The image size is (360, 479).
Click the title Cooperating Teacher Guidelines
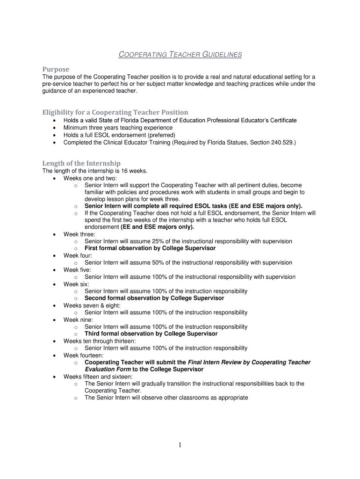click(x=180, y=55)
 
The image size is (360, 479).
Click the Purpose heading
click(x=56, y=69)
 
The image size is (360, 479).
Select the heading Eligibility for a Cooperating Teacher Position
click(x=115, y=112)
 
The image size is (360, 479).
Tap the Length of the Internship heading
click(x=81, y=163)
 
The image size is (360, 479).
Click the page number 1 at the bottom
click(x=180, y=445)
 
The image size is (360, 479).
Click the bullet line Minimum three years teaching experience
click(x=118, y=128)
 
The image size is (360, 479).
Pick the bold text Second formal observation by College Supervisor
click(x=154, y=298)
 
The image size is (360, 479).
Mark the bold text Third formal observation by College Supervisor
click(x=151, y=334)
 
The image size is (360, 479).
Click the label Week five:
click(x=77, y=270)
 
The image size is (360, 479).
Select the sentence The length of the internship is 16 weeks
click(x=95, y=171)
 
